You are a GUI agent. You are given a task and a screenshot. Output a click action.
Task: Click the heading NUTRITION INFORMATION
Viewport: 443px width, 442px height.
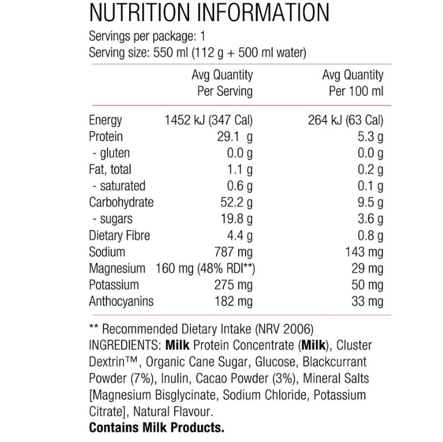pos(209,12)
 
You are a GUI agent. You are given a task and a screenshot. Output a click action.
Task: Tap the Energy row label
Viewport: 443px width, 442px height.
pos(105,120)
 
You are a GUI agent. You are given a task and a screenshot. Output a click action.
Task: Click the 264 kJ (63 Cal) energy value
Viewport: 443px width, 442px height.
pos(346,120)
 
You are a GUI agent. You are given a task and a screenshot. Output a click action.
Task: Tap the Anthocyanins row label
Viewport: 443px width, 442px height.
pos(121,302)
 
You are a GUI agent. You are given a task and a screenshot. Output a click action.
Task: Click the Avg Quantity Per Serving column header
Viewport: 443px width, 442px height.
pos(222,83)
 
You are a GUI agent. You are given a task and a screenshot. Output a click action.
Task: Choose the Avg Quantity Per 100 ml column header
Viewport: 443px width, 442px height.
pos(353,83)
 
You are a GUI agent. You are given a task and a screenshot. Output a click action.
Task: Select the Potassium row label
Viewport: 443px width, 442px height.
pos(114,285)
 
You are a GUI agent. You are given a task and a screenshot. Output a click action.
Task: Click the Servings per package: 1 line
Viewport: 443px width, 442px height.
pos(147,37)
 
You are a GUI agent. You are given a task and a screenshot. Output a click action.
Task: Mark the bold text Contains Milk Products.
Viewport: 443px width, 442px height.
pos(157,428)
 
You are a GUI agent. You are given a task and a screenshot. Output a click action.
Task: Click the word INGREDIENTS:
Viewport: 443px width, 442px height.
pos(125,346)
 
